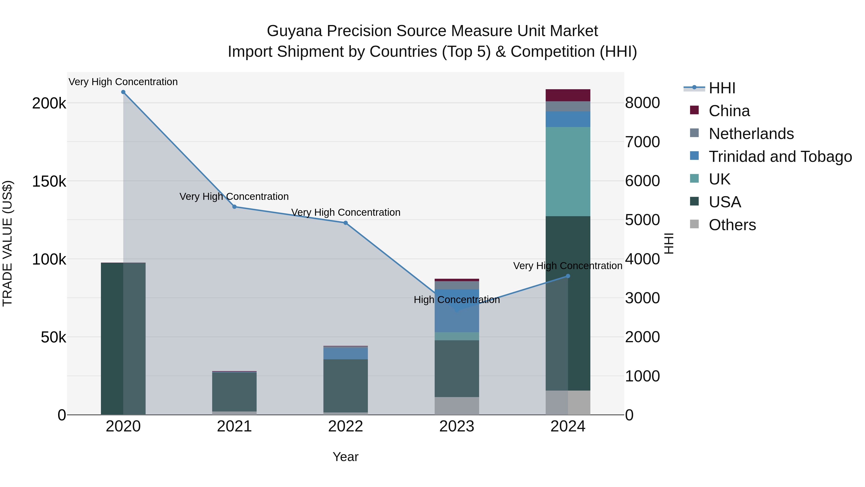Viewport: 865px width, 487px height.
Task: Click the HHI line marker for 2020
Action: pyautogui.click(x=123, y=92)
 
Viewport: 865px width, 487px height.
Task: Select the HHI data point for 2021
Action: pyautogui.click(x=234, y=207)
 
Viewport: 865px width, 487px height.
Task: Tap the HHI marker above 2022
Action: pyautogui.click(x=346, y=223)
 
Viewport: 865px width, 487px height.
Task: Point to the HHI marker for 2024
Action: pyautogui.click(x=568, y=276)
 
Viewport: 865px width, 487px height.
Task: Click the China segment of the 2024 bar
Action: pyautogui.click(x=568, y=95)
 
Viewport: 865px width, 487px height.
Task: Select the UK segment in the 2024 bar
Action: pyautogui.click(x=568, y=171)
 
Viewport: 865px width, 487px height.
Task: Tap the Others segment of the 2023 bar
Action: pyautogui.click(x=457, y=406)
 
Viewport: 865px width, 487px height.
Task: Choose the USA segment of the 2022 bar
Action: pyautogui.click(x=346, y=386)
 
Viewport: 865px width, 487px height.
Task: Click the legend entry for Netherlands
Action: pyautogui.click(x=751, y=134)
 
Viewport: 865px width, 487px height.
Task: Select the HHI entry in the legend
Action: pyautogui.click(x=722, y=88)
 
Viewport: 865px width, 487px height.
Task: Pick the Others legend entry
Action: pyautogui.click(x=732, y=225)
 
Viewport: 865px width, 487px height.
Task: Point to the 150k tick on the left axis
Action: pyautogui.click(x=49, y=182)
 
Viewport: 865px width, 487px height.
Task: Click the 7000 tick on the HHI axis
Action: pyautogui.click(x=642, y=142)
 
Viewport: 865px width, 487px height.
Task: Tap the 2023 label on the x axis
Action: pyautogui.click(x=457, y=426)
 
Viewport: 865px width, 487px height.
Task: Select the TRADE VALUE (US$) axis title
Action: pyautogui.click(x=7, y=243)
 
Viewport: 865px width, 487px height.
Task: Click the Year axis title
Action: pyautogui.click(x=346, y=457)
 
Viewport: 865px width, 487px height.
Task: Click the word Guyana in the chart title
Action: pyautogui.click(x=294, y=31)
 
